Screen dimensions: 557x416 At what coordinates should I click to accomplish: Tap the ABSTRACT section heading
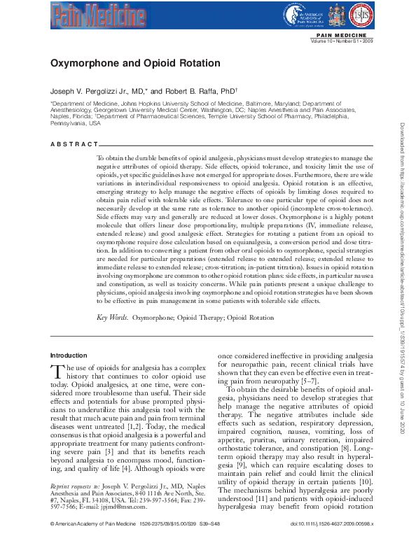(x=74, y=144)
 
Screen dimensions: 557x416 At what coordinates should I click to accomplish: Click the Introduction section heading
(x=69, y=355)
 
